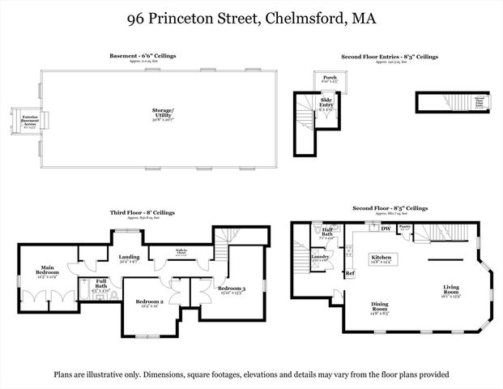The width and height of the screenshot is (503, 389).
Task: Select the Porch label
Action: coord(330,77)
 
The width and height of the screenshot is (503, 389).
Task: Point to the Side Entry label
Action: coord(327,102)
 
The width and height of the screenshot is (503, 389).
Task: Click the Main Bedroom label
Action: coord(46,271)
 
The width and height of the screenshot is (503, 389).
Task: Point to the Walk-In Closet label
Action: coord(182,251)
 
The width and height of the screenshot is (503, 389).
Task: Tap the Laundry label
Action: coord(319,258)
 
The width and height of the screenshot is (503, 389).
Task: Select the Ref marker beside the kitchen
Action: coord(350,274)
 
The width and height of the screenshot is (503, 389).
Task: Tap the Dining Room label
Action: coord(379,306)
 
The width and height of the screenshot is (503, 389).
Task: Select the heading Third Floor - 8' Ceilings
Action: coord(143,212)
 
